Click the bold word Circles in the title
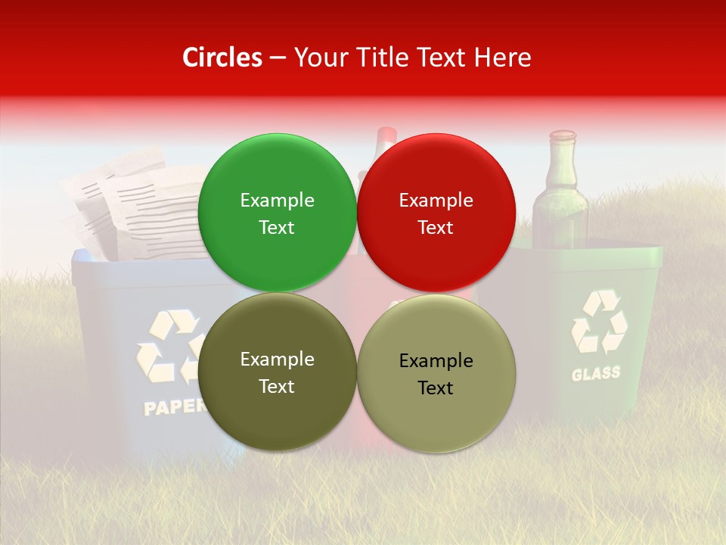[222, 58]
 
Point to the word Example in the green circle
[277, 200]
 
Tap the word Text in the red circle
[436, 227]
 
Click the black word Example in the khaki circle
[436, 360]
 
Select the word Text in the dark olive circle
[277, 386]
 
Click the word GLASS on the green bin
[595, 373]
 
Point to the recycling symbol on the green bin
[598, 322]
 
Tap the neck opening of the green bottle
[562, 135]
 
